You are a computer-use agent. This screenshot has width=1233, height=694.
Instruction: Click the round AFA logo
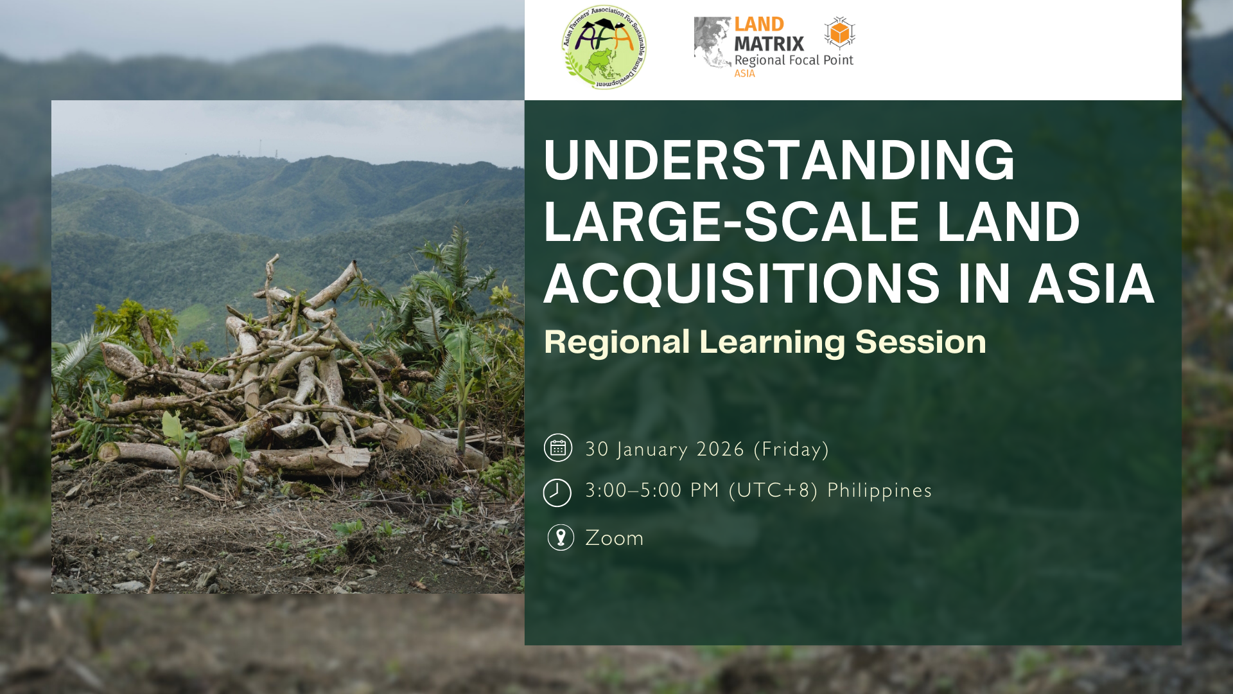point(604,47)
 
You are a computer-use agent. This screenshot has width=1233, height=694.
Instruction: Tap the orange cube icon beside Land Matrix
point(840,33)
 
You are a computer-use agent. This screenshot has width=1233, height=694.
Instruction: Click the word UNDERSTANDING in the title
point(779,160)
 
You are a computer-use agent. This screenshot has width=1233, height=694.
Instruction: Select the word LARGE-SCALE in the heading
point(731,222)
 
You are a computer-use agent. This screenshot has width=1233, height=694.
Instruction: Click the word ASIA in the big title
point(1091,283)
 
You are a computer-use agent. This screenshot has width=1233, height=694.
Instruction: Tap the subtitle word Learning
point(773,343)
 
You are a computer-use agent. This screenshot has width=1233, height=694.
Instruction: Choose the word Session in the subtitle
point(920,342)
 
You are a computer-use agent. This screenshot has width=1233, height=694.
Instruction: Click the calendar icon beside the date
point(558,448)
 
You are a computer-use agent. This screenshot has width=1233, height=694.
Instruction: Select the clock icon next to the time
point(557,493)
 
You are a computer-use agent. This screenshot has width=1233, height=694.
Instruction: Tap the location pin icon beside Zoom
point(561,537)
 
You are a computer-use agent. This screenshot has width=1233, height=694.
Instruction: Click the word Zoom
point(614,538)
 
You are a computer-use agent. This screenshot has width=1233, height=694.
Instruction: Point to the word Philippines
point(879,491)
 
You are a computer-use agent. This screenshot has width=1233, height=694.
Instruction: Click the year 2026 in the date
point(721,449)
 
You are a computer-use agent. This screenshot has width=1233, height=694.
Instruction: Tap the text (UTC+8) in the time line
point(774,491)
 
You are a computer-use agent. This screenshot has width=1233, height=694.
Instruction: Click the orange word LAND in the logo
point(759,24)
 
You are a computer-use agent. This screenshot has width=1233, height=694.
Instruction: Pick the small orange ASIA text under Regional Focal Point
point(745,74)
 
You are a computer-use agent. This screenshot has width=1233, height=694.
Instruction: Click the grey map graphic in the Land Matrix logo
point(713,42)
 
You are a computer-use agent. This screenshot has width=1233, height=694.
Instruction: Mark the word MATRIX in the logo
point(769,44)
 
